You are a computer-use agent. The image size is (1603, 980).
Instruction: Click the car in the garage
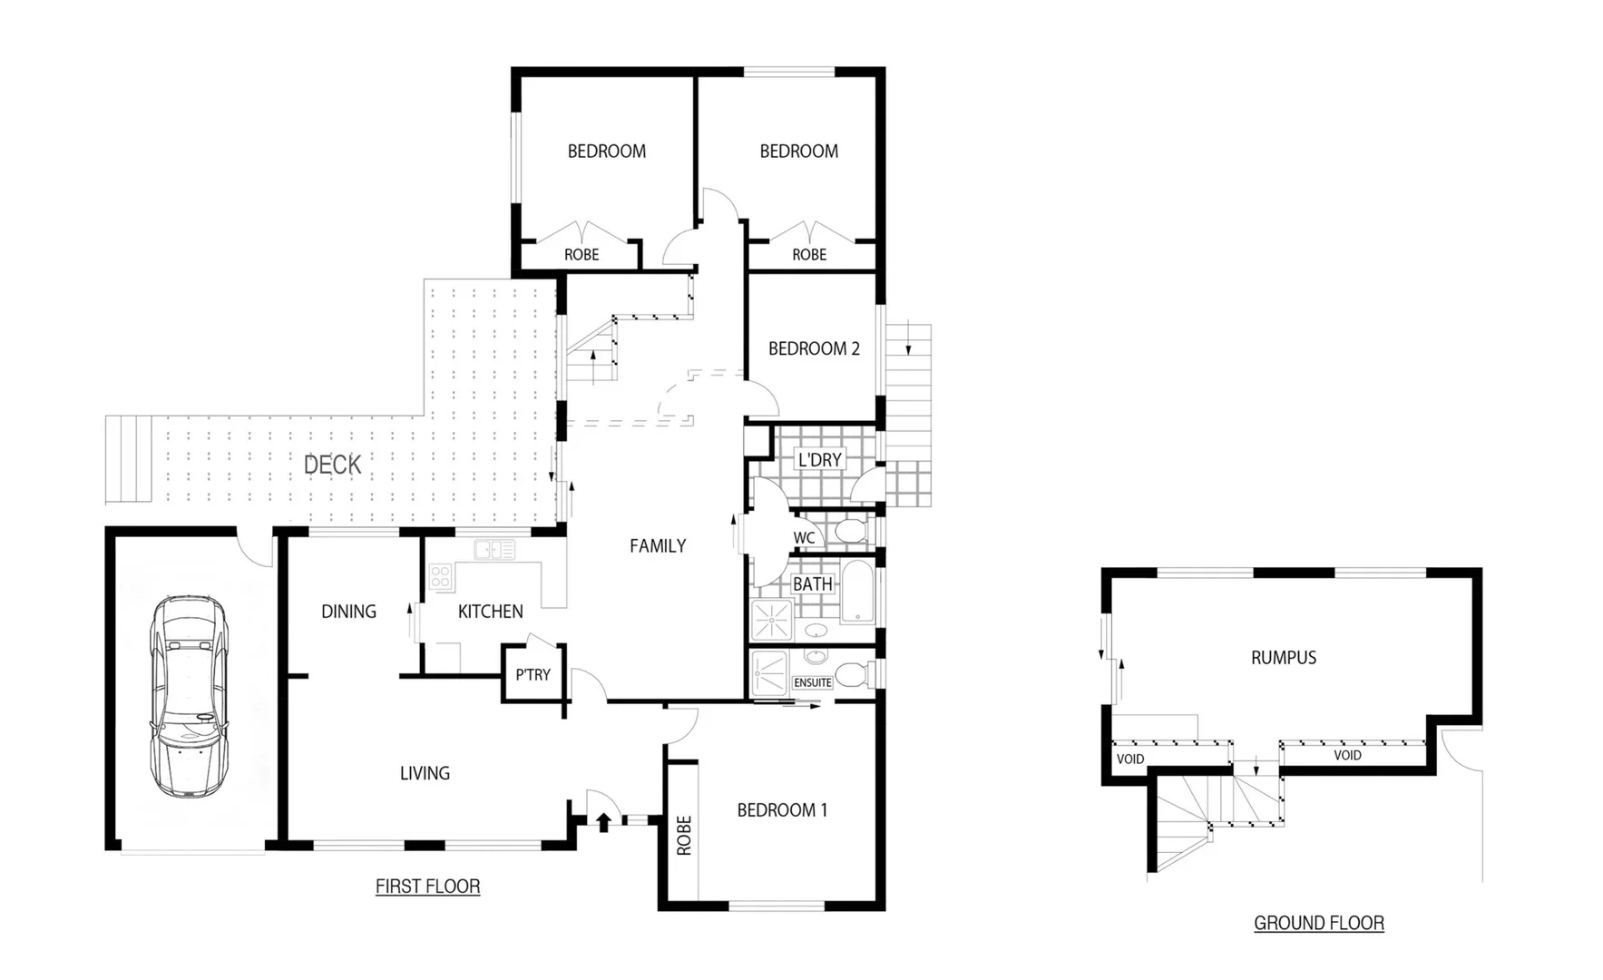tap(190, 697)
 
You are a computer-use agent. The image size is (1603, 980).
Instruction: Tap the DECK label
tap(332, 465)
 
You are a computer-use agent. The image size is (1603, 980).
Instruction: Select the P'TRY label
tap(533, 674)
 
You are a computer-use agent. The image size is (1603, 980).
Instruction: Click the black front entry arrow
tap(602, 822)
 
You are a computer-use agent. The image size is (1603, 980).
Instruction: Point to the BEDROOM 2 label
tap(814, 348)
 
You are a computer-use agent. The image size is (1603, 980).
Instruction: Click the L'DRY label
tap(819, 460)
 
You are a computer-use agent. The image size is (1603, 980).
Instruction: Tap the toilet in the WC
tap(851, 532)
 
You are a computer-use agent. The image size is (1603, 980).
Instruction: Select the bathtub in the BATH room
tap(856, 591)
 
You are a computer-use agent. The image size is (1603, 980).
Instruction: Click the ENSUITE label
tap(812, 682)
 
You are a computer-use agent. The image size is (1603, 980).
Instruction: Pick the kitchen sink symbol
tap(494, 549)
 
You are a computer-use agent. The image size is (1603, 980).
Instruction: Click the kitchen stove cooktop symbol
tap(440, 576)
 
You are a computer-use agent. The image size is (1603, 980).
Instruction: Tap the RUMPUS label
tap(1283, 658)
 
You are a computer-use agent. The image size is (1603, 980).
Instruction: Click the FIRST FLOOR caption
tap(427, 887)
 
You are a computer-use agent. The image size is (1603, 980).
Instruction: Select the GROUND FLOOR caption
tap(1318, 923)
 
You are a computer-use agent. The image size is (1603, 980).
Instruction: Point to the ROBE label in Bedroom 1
tap(684, 835)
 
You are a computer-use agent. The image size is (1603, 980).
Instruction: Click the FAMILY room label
tap(658, 546)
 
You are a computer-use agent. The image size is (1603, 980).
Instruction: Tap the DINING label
tap(348, 612)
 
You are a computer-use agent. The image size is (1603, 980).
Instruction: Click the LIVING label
tap(425, 773)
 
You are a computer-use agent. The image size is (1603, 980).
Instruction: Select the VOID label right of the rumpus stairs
tap(1347, 755)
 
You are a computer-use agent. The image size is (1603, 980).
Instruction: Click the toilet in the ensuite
tap(849, 674)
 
